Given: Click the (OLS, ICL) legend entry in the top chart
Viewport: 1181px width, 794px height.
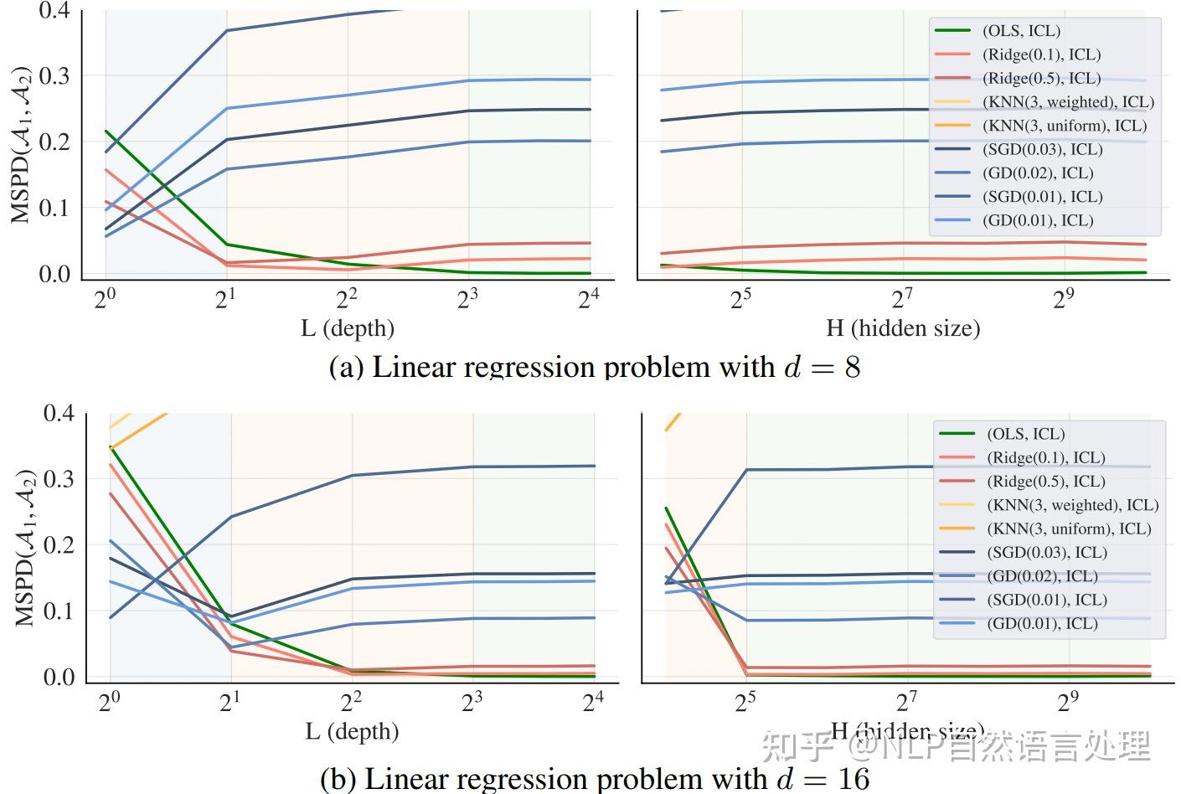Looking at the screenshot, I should (x=1021, y=31).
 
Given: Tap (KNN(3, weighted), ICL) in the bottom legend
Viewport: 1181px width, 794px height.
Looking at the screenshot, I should (x=1072, y=505).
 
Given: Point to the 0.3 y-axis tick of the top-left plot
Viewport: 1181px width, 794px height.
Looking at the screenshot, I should (x=54, y=76).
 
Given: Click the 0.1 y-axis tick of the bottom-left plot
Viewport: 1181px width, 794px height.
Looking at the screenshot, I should (x=59, y=611).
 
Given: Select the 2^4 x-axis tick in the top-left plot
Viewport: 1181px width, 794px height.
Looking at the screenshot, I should (x=588, y=298).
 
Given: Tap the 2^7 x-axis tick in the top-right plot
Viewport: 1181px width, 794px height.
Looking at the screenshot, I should (x=902, y=298).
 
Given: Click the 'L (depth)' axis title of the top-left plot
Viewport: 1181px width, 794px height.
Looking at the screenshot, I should (x=348, y=328).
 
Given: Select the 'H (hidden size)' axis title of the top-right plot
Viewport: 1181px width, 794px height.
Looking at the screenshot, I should (x=903, y=328).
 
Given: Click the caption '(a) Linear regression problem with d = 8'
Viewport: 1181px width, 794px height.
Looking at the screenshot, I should (x=595, y=367).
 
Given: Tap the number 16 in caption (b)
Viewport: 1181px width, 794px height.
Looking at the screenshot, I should (x=854, y=778).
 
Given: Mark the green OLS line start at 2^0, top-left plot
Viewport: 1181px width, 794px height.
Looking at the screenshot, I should (x=106, y=131).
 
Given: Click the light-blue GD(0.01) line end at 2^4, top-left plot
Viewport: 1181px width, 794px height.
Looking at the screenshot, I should (x=590, y=80).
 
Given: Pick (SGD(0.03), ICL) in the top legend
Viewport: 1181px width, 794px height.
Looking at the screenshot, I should (x=1042, y=150).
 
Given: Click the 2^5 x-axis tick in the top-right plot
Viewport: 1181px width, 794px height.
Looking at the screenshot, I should (x=741, y=298).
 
